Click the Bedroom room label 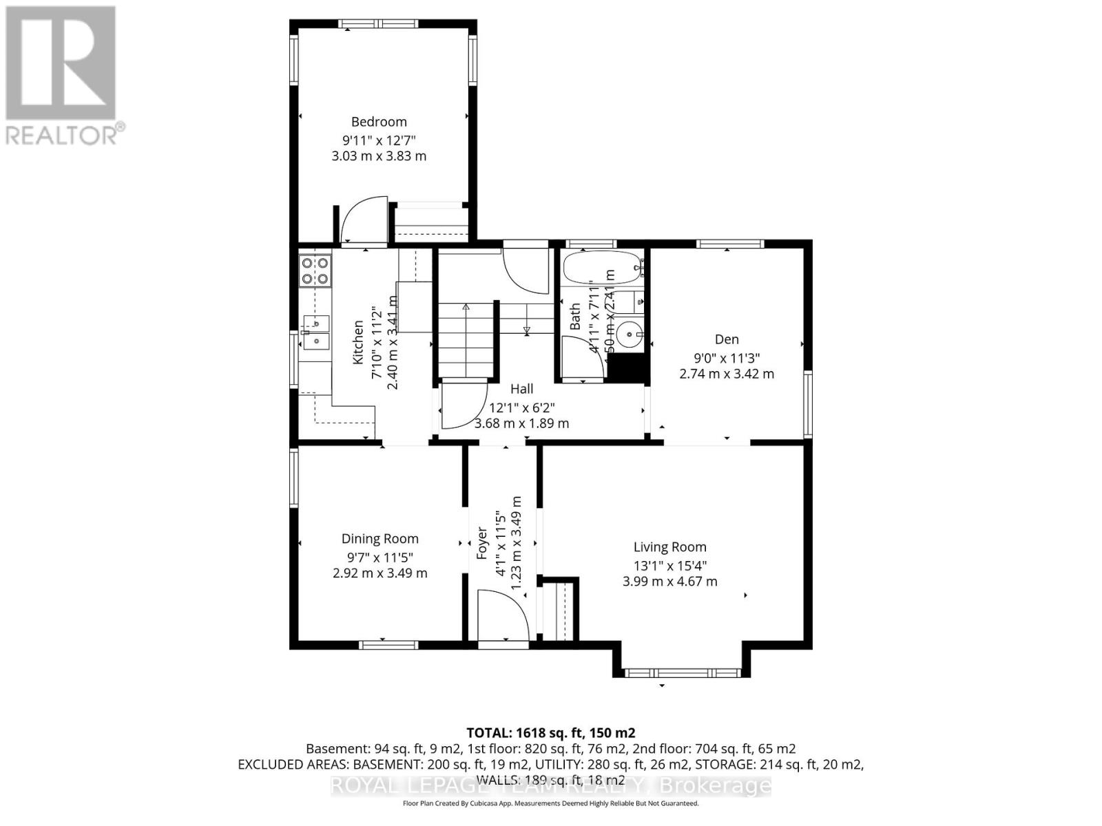coord(379,122)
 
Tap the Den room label coord(727,339)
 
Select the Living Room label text coord(669,547)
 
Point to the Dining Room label coord(380,539)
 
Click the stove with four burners coord(315,271)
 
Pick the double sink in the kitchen coord(315,331)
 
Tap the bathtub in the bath coord(601,268)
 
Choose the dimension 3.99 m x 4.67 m coord(669,582)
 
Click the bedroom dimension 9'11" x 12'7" coord(379,140)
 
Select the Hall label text coord(521,389)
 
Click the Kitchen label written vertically coord(358,342)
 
